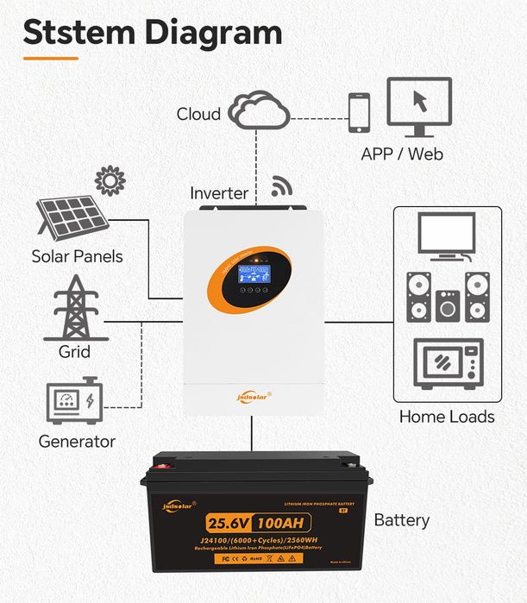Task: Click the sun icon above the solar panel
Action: click(110, 181)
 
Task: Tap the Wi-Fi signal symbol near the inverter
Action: click(281, 186)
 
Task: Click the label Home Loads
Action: click(447, 417)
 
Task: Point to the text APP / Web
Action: click(402, 154)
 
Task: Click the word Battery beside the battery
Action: click(401, 521)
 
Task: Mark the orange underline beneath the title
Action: click(50, 59)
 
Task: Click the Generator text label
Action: click(77, 442)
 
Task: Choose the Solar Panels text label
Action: click(77, 256)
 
